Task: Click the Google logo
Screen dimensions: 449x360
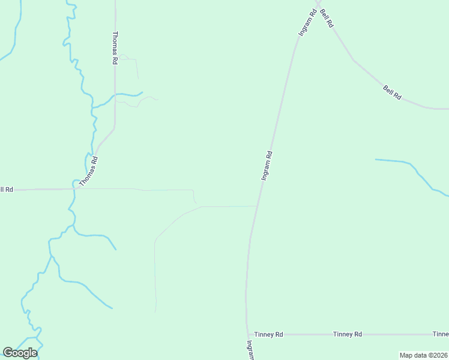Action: tap(20, 353)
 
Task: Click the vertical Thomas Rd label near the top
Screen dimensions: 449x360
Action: tap(115, 48)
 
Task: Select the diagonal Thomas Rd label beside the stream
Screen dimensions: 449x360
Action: tap(89, 170)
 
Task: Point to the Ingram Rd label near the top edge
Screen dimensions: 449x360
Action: tap(307, 23)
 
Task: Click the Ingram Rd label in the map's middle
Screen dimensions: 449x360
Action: tap(267, 166)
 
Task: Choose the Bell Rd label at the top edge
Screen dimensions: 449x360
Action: tap(327, 17)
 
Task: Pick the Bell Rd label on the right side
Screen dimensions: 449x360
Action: tap(392, 92)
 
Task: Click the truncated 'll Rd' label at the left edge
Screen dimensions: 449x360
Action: tap(7, 190)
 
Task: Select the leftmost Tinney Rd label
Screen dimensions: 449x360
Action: tap(268, 334)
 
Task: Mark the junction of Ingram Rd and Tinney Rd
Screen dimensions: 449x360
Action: tap(247, 334)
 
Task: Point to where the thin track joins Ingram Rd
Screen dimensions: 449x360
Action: tap(258, 206)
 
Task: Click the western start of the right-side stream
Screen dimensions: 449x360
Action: tap(376, 160)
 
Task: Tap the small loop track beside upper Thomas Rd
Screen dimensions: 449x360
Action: tap(124, 58)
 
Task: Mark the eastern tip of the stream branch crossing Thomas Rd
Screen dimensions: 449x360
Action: tap(142, 92)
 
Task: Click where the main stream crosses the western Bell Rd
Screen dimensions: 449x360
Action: tap(74, 189)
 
